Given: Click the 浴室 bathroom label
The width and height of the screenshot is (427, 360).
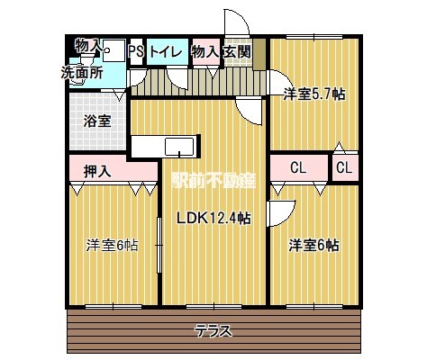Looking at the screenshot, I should click(x=98, y=120).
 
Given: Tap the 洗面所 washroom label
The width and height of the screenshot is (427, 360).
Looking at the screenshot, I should click(x=81, y=72).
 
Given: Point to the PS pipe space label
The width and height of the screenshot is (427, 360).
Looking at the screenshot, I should click(x=136, y=52).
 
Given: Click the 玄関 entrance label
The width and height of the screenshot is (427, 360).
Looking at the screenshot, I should click(x=237, y=52).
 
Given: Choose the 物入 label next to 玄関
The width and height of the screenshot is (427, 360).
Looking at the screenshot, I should click(x=206, y=52).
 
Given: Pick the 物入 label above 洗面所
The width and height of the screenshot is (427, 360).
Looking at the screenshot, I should click(x=87, y=45).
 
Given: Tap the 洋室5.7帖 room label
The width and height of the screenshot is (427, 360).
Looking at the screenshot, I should click(x=314, y=93).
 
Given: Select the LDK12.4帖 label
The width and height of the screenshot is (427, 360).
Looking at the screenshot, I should click(x=213, y=218).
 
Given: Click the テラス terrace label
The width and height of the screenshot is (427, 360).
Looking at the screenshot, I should click(x=213, y=330).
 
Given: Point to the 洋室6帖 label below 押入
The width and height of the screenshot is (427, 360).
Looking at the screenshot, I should click(x=112, y=244).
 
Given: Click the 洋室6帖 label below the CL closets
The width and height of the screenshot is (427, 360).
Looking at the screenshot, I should click(x=313, y=244).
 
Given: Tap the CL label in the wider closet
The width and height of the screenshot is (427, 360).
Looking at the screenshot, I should click(x=299, y=167).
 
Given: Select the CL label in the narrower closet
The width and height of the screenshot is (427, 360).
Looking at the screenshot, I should click(x=344, y=167).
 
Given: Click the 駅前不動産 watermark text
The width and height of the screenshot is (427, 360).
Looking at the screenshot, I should click(x=213, y=179).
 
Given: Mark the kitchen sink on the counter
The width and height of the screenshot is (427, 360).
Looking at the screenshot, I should click(x=177, y=146).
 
